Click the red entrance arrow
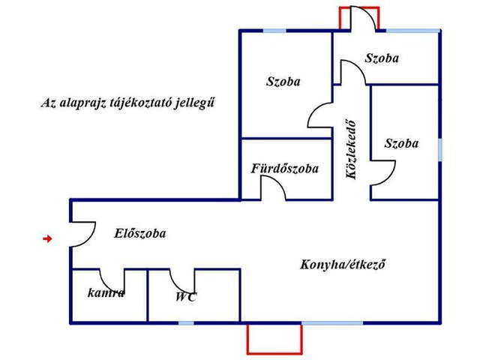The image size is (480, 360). point(47,238)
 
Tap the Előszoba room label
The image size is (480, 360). point(140,233)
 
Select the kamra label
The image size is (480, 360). point(106,293)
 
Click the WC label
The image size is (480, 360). point(186,297)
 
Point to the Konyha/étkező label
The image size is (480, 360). point(343,265)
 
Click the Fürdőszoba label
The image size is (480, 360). point(285,168)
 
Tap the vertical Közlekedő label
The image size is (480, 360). point(351,150)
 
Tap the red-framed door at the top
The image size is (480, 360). point(359,18)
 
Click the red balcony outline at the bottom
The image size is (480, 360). point(274,353)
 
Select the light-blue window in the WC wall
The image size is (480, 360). point(186,323)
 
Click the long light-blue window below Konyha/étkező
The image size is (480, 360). point(332,323)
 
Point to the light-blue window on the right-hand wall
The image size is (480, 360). point(440,150)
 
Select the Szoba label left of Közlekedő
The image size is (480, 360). point(283,82)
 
